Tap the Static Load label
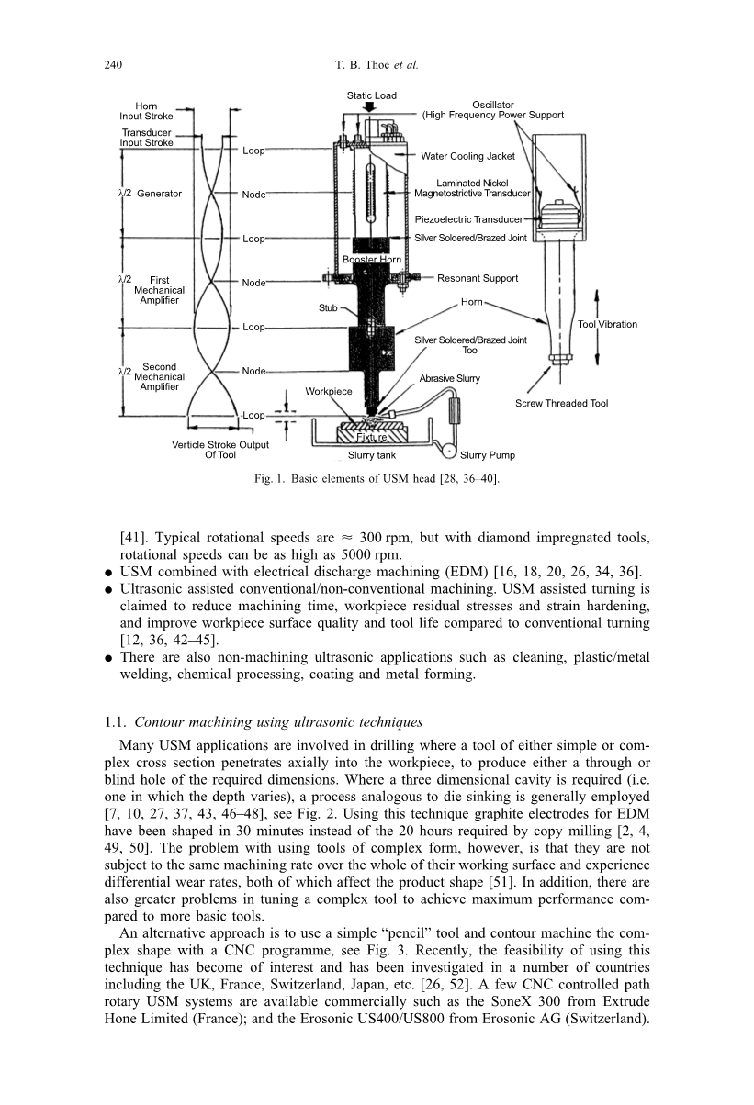click(371, 95)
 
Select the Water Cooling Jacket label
click(467, 156)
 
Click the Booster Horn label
click(371, 260)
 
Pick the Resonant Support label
click(478, 278)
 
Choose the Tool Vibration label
click(607, 324)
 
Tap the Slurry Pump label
click(488, 455)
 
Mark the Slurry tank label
click(372, 455)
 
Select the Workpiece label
click(329, 392)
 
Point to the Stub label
click(328, 308)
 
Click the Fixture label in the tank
click(371, 438)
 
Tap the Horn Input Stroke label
click(146, 111)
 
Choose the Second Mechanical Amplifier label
click(159, 376)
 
